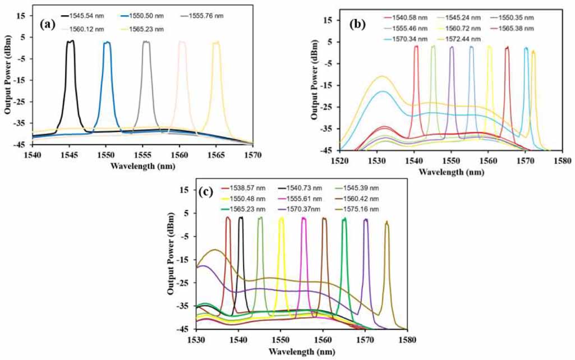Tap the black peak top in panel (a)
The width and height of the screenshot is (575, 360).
coord(70,41)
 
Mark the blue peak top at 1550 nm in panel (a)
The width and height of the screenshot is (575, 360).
coord(107,43)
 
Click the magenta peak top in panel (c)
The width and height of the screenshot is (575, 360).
coord(303,218)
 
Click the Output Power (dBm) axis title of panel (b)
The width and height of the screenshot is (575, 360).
coord(315,79)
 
